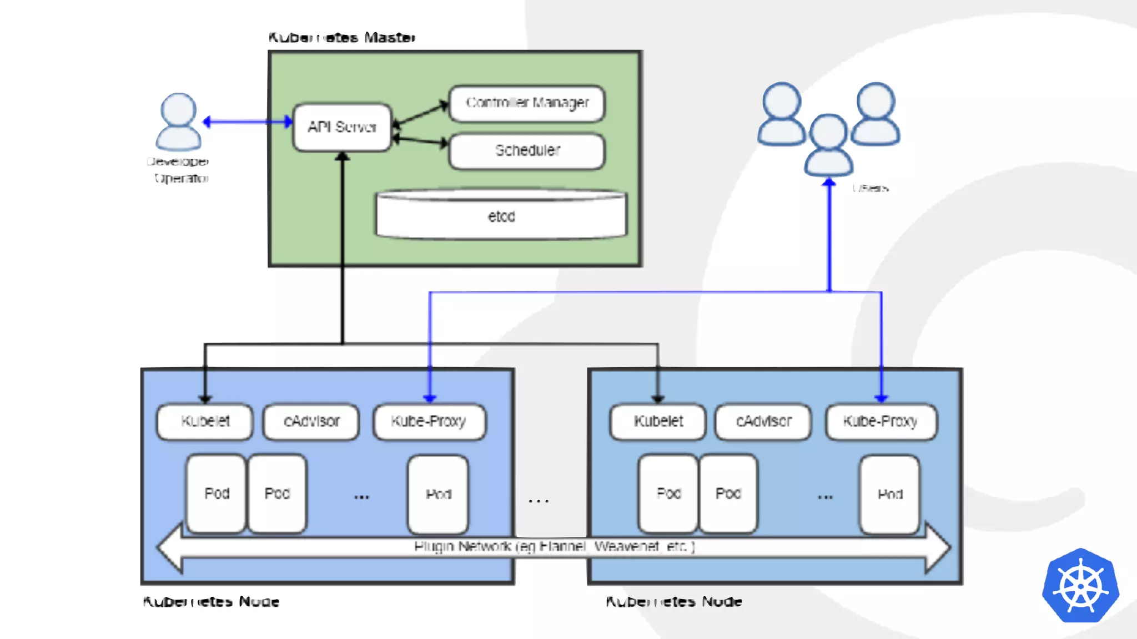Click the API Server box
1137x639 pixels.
tap(342, 127)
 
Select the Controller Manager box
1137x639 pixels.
tap(526, 103)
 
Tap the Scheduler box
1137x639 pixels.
tap(526, 150)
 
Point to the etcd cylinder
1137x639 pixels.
tap(501, 216)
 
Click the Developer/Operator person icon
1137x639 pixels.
tap(178, 121)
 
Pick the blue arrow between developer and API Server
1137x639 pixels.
tap(248, 121)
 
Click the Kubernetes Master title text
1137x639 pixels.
tap(341, 38)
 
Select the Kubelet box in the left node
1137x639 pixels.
tap(205, 422)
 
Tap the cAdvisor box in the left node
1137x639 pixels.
tap(311, 422)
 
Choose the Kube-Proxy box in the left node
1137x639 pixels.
tap(429, 422)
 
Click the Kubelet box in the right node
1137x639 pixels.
tap(658, 422)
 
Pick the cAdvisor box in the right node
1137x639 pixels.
tap(763, 422)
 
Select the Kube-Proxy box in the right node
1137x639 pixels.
tap(881, 422)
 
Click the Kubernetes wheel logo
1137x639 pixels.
tap(1080, 586)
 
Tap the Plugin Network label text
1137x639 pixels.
tap(554, 547)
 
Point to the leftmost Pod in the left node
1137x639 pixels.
tap(217, 494)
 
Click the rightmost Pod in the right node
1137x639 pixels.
tap(889, 494)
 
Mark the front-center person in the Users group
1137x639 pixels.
tap(828, 145)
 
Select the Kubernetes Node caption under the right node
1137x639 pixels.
tap(673, 602)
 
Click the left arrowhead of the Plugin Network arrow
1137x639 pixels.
tap(170, 547)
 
